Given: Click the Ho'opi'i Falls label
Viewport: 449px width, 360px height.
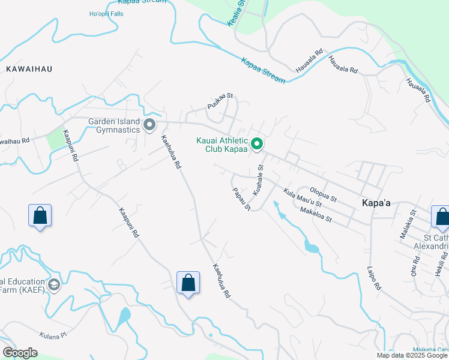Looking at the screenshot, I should pyautogui.click(x=106, y=13).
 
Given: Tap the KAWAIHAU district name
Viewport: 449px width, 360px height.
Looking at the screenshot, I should pyautogui.click(x=29, y=69).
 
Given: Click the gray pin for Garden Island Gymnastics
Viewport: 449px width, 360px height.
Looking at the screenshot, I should pyautogui.click(x=149, y=125).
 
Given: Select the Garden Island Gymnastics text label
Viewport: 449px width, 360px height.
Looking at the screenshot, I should pyautogui.click(x=114, y=125).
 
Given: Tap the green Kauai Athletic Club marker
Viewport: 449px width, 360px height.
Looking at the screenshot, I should pyautogui.click(x=257, y=143).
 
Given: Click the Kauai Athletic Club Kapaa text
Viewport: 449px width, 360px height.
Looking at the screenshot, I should pyautogui.click(x=222, y=145).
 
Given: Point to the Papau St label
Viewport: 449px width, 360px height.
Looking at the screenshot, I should pyautogui.click(x=241, y=199).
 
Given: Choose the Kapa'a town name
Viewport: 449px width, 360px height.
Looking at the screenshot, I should pyautogui.click(x=376, y=203).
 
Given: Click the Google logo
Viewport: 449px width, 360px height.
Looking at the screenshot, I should pyautogui.click(x=20, y=352).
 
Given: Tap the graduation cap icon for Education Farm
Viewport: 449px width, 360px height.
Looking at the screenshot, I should pyautogui.click(x=54, y=284).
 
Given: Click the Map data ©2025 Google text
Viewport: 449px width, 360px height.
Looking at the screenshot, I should pyautogui.click(x=412, y=355).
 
